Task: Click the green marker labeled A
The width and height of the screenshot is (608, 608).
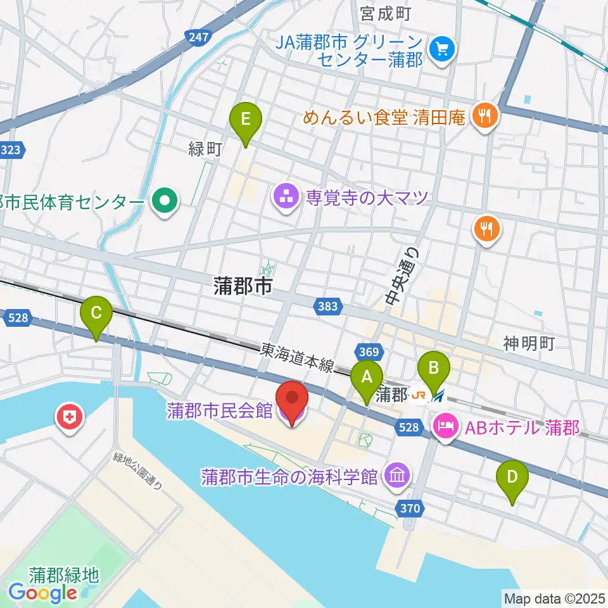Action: click(x=367, y=379)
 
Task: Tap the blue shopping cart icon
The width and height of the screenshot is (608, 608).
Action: click(x=439, y=49)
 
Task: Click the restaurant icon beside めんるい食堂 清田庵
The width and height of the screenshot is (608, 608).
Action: click(x=486, y=116)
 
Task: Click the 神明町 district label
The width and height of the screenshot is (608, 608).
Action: click(x=529, y=344)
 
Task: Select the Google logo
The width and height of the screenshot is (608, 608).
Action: click(x=43, y=593)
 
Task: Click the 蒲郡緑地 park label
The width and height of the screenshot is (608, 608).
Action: click(x=64, y=575)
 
